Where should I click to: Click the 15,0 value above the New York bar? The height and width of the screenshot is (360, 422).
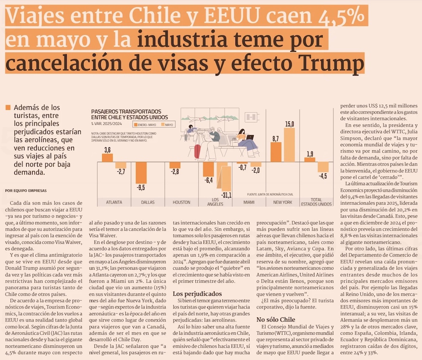(x=289, y=124)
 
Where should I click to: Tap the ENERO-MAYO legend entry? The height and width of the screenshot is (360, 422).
(x=146, y=125)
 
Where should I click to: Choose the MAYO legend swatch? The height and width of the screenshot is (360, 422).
(x=162, y=125)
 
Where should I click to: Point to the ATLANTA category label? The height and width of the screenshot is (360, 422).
(x=114, y=202)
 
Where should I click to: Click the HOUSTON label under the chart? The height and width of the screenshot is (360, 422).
(x=181, y=202)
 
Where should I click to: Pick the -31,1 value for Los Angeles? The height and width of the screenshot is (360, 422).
(x=226, y=195)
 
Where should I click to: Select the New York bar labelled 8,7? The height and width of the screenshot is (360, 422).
(x=276, y=152)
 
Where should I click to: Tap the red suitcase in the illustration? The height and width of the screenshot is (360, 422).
(x=197, y=151)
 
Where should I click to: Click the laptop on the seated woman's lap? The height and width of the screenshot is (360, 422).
(x=250, y=137)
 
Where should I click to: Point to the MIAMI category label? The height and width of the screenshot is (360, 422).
(x=249, y=202)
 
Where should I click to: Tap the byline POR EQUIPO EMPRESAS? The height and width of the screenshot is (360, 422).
(x=26, y=190)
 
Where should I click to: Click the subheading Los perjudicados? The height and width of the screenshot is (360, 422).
(x=197, y=294)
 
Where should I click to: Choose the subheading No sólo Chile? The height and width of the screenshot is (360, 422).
(x=276, y=319)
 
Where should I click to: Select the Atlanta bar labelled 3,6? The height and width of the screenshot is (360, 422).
(x=107, y=158)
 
